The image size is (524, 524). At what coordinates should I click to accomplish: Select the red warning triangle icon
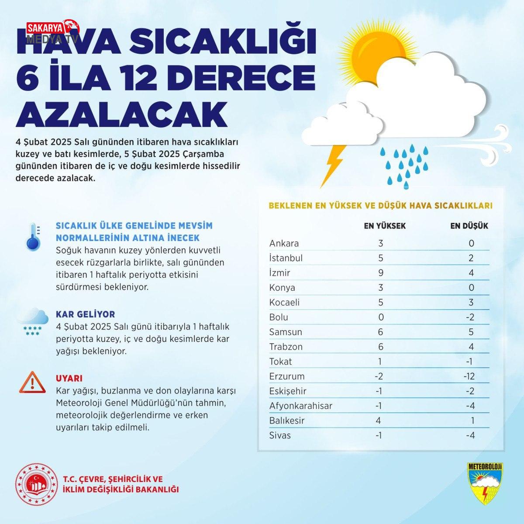(32, 382)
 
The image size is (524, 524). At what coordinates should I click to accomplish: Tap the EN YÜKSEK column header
(385, 226)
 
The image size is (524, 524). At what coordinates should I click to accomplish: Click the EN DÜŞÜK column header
(469, 226)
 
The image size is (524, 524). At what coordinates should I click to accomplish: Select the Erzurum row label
(287, 376)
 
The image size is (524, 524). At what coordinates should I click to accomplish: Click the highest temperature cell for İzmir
(380, 273)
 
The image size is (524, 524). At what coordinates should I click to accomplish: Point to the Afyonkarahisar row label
(301, 406)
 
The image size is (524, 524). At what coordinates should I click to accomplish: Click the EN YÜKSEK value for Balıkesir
(379, 421)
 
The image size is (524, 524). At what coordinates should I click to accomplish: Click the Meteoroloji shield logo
(485, 483)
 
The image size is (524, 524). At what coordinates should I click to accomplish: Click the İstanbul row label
(286, 258)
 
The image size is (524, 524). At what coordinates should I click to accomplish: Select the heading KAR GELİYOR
(85, 314)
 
